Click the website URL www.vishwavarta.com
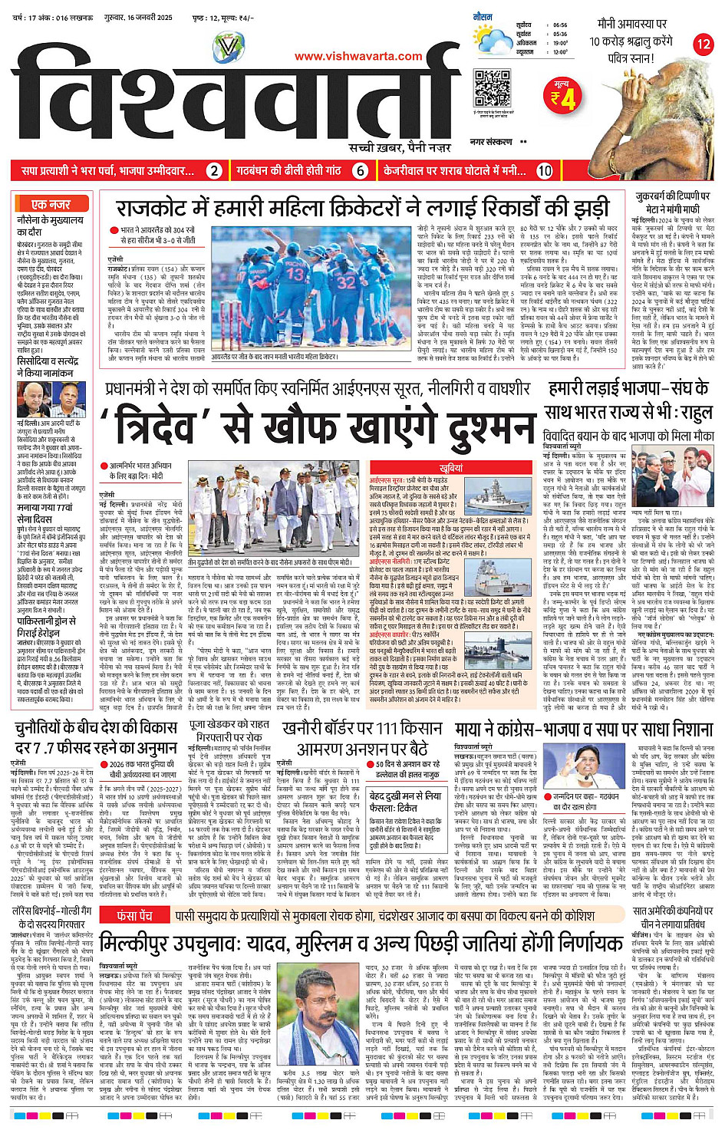[x=358, y=56]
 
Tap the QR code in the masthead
[x=492, y=87]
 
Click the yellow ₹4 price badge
[x=563, y=96]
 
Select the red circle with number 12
[x=703, y=44]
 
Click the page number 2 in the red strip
[x=215, y=171]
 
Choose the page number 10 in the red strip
[x=544, y=171]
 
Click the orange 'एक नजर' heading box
[x=51, y=204]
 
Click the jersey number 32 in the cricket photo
[x=346, y=282]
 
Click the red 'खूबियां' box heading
[x=451, y=467]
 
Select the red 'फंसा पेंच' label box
[x=133, y=915]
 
